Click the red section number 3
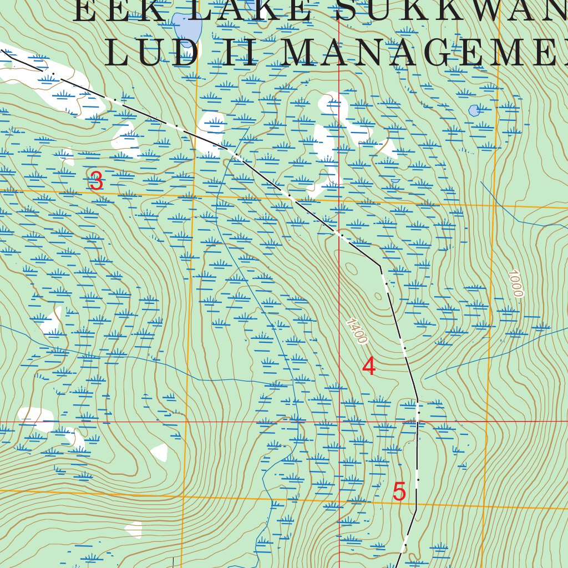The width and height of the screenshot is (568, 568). pyautogui.click(x=97, y=181)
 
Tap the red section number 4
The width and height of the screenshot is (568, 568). pyautogui.click(x=369, y=366)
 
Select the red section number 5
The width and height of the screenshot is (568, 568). pyautogui.click(x=399, y=492)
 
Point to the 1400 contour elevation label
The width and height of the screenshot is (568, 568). pyautogui.click(x=356, y=331)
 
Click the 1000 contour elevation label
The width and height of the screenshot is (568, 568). pyautogui.click(x=515, y=283)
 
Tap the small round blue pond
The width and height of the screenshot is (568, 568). pyautogui.click(x=474, y=110)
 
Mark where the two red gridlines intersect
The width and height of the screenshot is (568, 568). pyautogui.click(x=339, y=422)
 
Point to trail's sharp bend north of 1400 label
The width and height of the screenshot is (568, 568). pyautogui.click(x=380, y=266)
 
